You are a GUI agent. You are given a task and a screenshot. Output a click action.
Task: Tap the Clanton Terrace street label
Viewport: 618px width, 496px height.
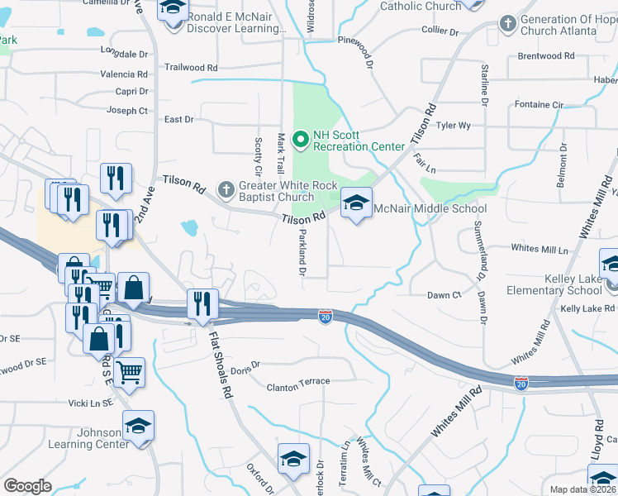[x=297, y=381]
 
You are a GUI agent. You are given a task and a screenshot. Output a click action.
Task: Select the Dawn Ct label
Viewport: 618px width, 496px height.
[x=444, y=295]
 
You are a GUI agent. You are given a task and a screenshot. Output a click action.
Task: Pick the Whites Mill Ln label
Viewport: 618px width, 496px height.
[x=540, y=249]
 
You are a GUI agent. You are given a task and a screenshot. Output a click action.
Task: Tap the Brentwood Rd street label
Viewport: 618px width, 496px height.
[x=545, y=56]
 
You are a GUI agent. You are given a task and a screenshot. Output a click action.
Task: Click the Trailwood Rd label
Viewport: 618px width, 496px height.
[x=191, y=67]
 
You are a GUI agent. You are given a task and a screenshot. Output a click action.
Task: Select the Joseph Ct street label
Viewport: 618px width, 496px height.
[x=127, y=110]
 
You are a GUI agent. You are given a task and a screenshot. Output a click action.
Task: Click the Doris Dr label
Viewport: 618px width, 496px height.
[x=245, y=364]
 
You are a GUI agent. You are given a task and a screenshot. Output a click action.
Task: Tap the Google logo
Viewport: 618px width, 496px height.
[x=26, y=486]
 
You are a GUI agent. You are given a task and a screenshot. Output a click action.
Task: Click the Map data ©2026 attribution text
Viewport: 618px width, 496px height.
[x=583, y=489]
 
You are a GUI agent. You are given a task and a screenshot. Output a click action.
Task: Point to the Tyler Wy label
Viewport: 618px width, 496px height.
[x=453, y=126]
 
